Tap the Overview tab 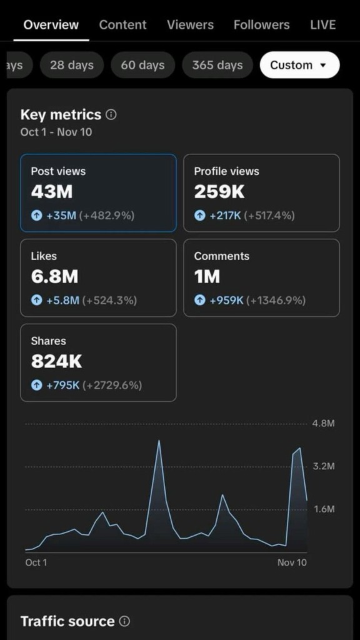[51, 25]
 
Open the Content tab [122, 25]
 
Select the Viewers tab [190, 25]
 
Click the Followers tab [261, 25]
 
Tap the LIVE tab [322, 25]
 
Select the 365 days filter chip [217, 65]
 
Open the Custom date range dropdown [299, 65]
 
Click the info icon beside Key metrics [111, 115]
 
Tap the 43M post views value [52, 192]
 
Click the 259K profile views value [219, 192]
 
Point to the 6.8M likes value [54, 277]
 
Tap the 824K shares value [56, 362]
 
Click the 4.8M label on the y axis [323, 424]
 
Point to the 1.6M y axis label [323, 509]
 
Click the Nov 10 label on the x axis [292, 562]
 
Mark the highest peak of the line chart [159, 441]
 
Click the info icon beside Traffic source [124, 621]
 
